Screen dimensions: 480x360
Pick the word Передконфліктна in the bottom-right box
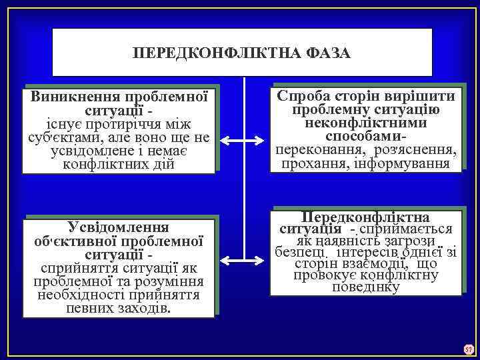[x=365, y=217]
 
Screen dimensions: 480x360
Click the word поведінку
[x=365, y=288]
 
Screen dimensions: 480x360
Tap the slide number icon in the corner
[x=468, y=349]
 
